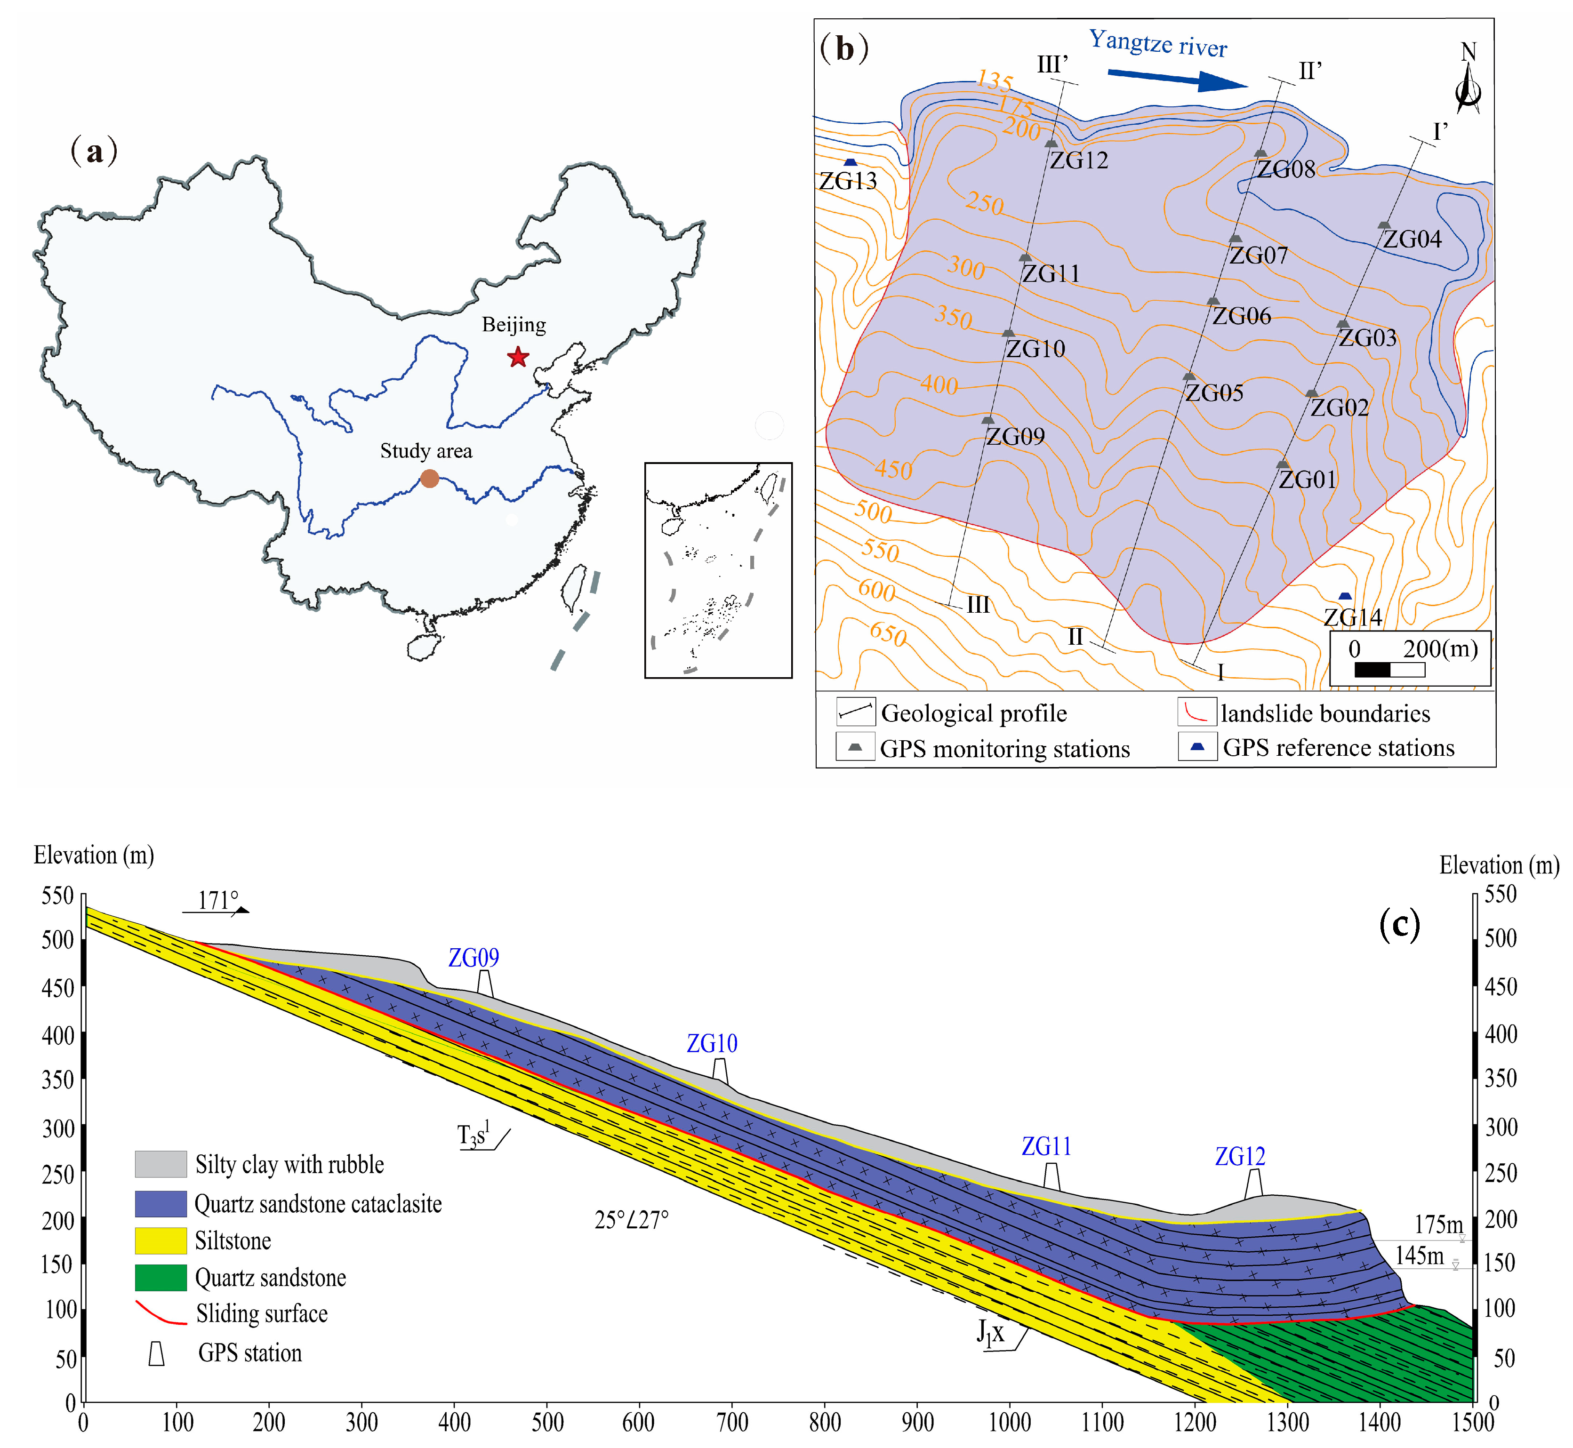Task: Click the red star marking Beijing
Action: (x=517, y=357)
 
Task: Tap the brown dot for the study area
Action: (x=430, y=478)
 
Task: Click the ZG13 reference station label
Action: (x=848, y=181)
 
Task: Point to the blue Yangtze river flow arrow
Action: (x=1176, y=79)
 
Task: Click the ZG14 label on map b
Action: (x=1353, y=617)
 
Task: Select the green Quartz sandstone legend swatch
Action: (x=161, y=1278)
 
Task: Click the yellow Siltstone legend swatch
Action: (x=161, y=1240)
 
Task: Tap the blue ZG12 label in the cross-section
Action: (x=1240, y=1157)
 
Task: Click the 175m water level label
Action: (x=1438, y=1224)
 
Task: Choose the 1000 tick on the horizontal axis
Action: (x=1010, y=1423)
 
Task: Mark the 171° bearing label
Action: (x=217, y=901)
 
